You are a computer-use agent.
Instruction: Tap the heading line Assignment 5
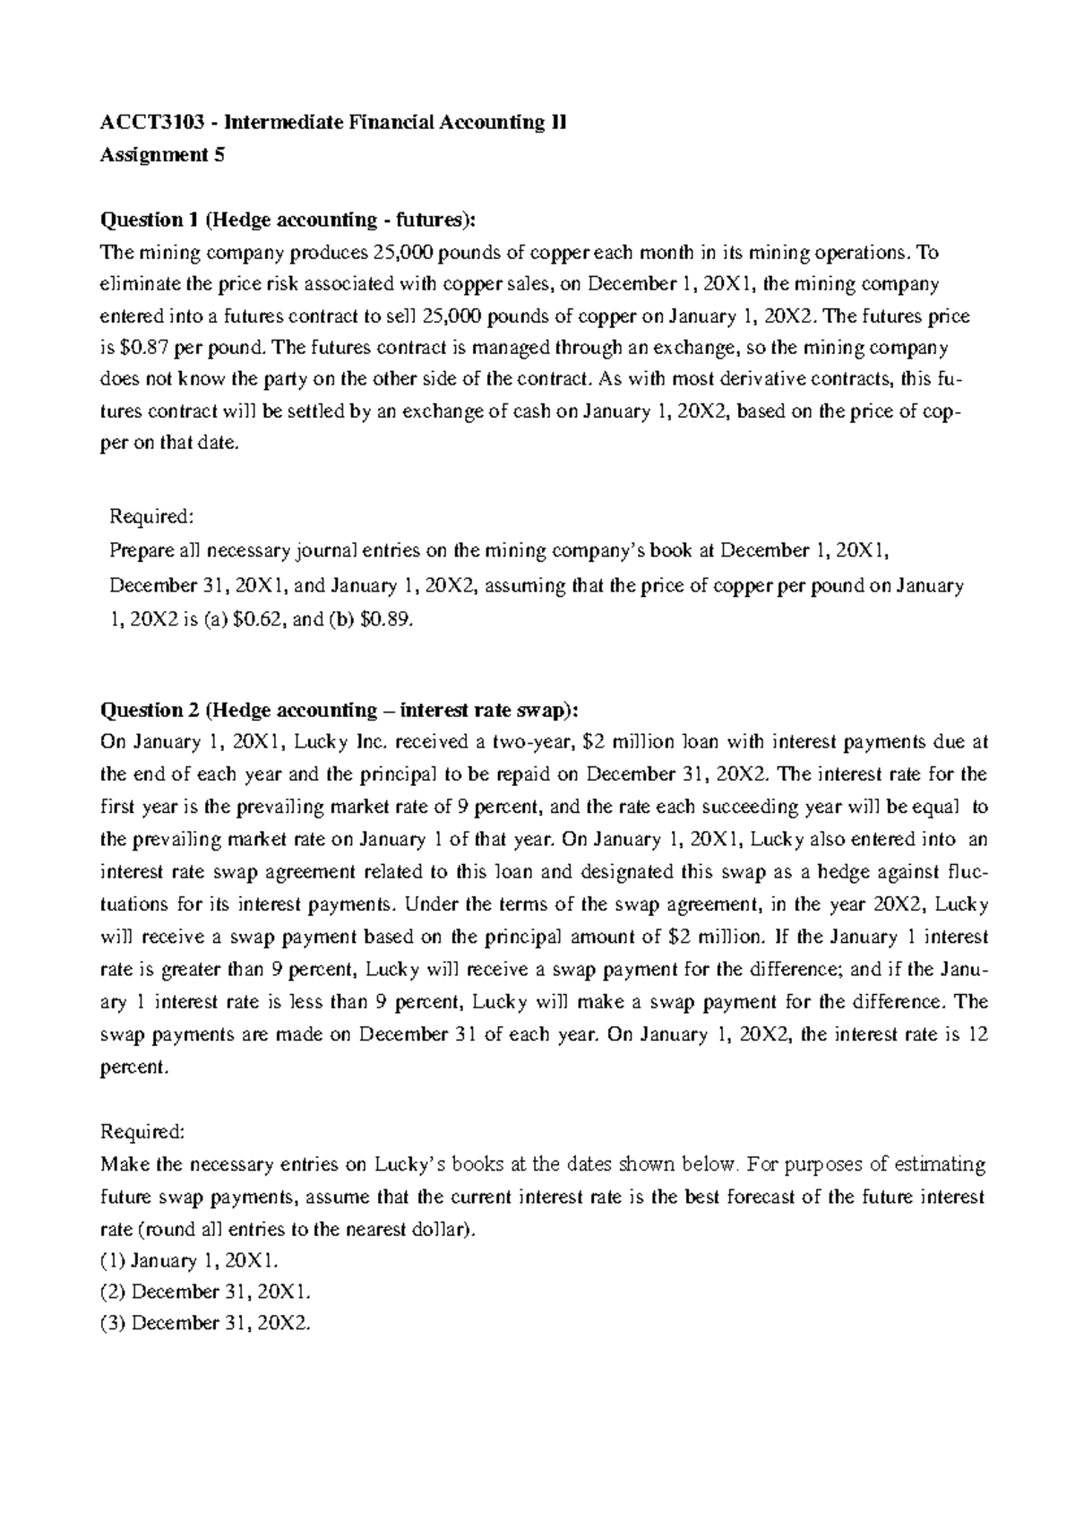[162, 155]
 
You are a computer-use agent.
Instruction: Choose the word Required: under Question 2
[143, 1131]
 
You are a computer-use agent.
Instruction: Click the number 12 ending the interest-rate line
[977, 1033]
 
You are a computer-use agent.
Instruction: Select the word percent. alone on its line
[133, 1067]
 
